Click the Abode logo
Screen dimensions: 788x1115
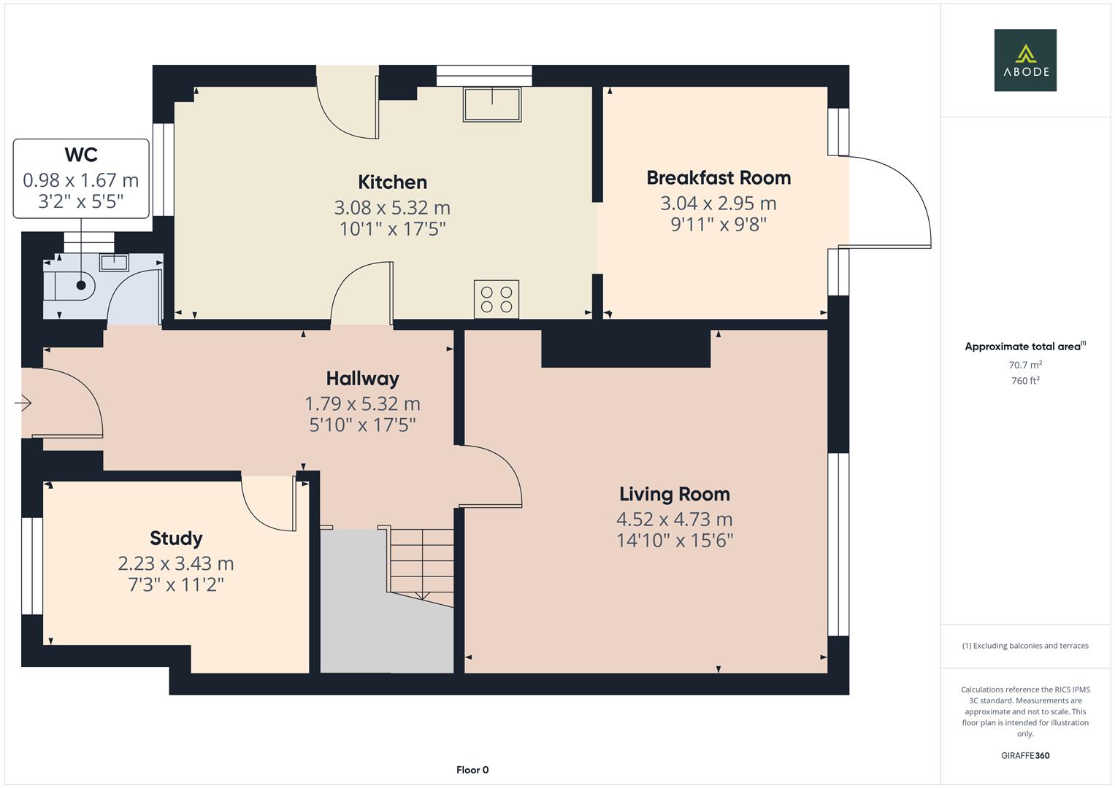pyautogui.click(x=1024, y=60)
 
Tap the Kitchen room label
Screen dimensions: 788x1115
pyautogui.click(x=392, y=182)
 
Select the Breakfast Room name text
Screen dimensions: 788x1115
pyautogui.click(x=719, y=177)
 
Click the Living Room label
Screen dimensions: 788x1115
pyautogui.click(x=674, y=494)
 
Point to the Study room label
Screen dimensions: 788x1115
pyautogui.click(x=176, y=538)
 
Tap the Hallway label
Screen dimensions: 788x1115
pyautogui.click(x=362, y=378)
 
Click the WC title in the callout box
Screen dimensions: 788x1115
pyautogui.click(x=81, y=155)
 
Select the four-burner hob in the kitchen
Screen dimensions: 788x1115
pyautogui.click(x=497, y=299)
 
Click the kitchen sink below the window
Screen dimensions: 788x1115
pyautogui.click(x=491, y=104)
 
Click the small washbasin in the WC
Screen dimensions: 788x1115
pyautogui.click(x=114, y=262)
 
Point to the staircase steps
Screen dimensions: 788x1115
pyautogui.click(x=421, y=562)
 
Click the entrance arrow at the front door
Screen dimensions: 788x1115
pyautogui.click(x=23, y=402)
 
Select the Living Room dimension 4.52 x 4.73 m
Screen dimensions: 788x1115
pyautogui.click(x=674, y=519)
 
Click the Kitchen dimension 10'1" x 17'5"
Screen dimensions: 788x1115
pyautogui.click(x=392, y=229)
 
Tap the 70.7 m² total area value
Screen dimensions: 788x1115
pyautogui.click(x=1024, y=365)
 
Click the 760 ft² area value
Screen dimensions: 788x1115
pyautogui.click(x=1024, y=381)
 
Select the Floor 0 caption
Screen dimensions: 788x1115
pyautogui.click(x=472, y=770)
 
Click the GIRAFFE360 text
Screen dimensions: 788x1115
pyautogui.click(x=1024, y=755)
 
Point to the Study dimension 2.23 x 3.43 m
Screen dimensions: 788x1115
pyautogui.click(x=176, y=563)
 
